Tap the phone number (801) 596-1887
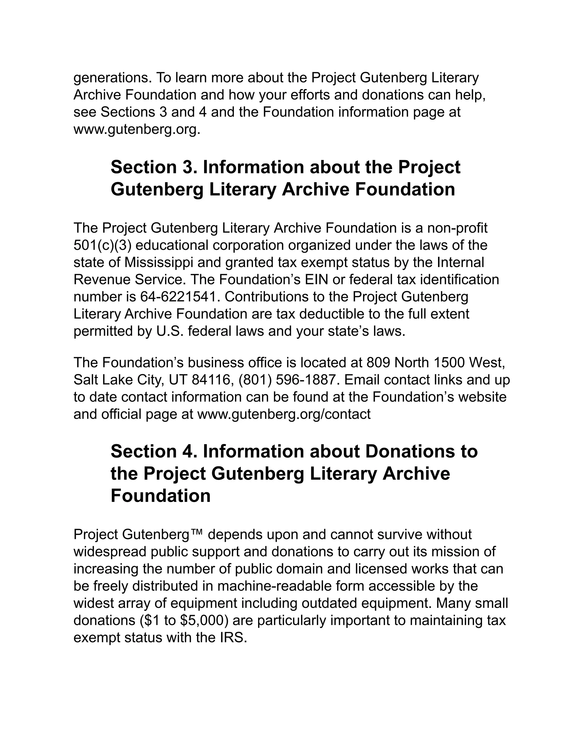(x=287, y=380)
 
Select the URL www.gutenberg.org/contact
(x=284, y=414)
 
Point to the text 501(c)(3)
(x=103, y=245)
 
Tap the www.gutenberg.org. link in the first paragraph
(x=137, y=130)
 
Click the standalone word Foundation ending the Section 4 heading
(x=161, y=496)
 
